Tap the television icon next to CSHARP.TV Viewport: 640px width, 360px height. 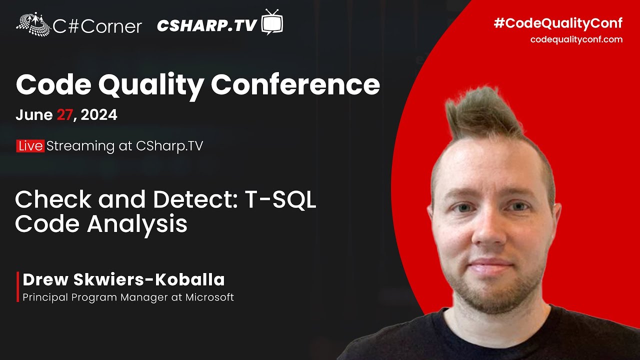tap(272, 22)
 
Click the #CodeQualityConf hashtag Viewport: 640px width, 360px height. tap(557, 23)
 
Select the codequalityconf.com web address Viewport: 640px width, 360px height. tap(576, 39)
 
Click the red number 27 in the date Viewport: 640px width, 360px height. tap(64, 115)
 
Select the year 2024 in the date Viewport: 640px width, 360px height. tap(99, 115)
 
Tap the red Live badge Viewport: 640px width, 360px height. tap(30, 146)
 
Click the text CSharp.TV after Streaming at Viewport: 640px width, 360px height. tap(169, 146)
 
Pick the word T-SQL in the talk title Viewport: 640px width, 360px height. tap(280, 200)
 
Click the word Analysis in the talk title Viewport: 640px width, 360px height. tap(137, 224)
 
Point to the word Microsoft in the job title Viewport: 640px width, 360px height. tap(209, 297)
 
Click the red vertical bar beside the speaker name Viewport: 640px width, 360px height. tap(18, 287)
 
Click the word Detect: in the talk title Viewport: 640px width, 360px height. tap(194, 200)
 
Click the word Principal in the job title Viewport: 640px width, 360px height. tap(45, 297)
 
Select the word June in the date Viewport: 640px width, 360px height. tap(33, 115)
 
